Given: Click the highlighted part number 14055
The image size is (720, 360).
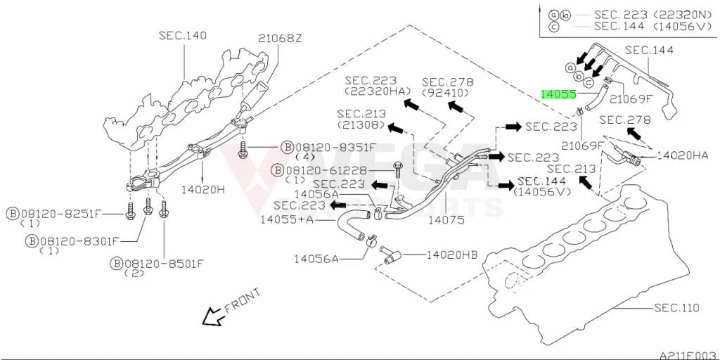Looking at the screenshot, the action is click(558, 94).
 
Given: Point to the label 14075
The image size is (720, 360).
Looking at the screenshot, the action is click(446, 220).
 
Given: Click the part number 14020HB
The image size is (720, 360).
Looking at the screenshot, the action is click(452, 255).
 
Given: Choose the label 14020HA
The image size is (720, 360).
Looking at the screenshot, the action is click(682, 156).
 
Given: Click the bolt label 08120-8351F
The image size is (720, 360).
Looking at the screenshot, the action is click(335, 147).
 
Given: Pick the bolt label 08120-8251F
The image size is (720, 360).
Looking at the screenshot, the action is click(59, 214).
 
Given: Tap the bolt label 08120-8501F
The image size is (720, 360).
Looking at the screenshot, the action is click(163, 264).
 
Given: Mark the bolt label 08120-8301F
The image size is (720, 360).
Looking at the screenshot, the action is click(80, 240).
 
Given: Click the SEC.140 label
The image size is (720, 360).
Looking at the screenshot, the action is click(183, 35).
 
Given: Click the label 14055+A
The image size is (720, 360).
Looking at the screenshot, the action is click(287, 219).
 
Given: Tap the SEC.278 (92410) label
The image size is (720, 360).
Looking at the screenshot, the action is click(448, 87).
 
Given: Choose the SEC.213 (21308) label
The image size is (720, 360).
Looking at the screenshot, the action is click(361, 118).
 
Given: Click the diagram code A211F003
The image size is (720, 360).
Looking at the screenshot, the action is click(689, 355).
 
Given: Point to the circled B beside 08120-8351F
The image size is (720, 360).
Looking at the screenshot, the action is click(288, 147).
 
